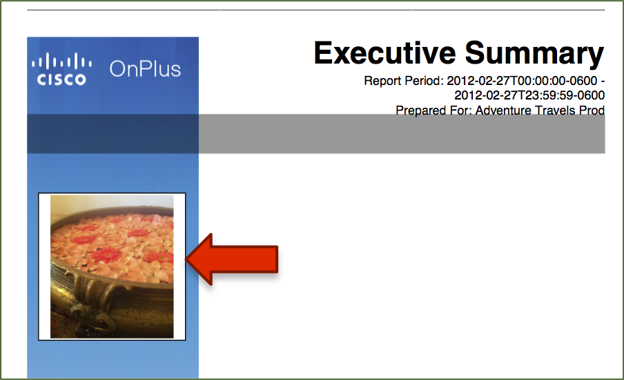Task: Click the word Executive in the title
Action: (385, 53)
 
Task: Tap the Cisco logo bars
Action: (61, 62)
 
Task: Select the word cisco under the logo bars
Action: (61, 79)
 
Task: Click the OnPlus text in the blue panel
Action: (145, 69)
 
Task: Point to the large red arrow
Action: (232, 259)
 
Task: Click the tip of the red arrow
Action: (186, 259)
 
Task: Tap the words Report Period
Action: (403, 82)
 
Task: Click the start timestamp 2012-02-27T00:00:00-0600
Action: (522, 81)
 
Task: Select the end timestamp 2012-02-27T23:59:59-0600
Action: (529, 95)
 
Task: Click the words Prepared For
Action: (433, 111)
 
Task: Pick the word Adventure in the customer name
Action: (503, 111)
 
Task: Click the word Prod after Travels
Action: (592, 111)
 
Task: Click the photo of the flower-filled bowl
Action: (112, 267)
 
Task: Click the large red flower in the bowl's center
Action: (106, 254)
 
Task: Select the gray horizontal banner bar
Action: (402, 134)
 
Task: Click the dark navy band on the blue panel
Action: (113, 134)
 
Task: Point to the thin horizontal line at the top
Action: (316, 10)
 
